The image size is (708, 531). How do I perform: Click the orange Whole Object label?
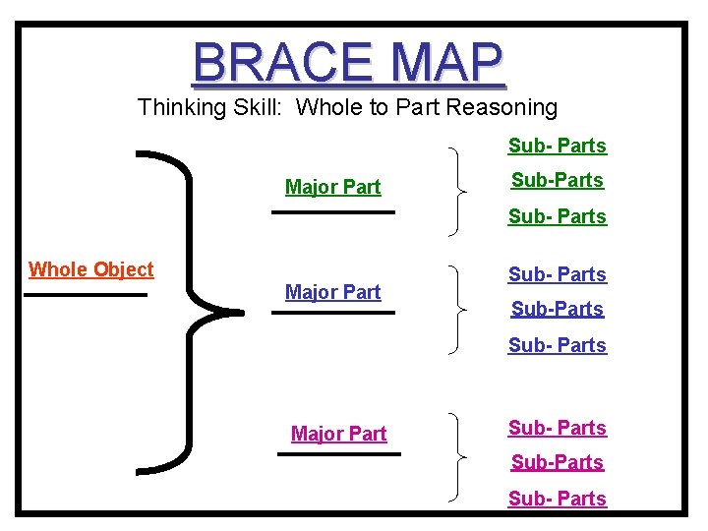point(91,269)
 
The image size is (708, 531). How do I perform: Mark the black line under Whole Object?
point(87,294)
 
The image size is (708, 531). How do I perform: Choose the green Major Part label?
point(332,187)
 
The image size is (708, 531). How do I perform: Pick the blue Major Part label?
point(332,292)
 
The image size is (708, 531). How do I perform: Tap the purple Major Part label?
point(339,434)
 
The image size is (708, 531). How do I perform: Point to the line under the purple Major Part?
point(339,454)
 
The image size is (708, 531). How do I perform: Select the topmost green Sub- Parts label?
point(557,146)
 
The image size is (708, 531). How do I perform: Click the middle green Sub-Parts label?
point(557,180)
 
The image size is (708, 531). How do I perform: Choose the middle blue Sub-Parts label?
point(557,309)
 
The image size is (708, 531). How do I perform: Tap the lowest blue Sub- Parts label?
point(557,345)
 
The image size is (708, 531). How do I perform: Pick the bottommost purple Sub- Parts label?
point(557,499)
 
